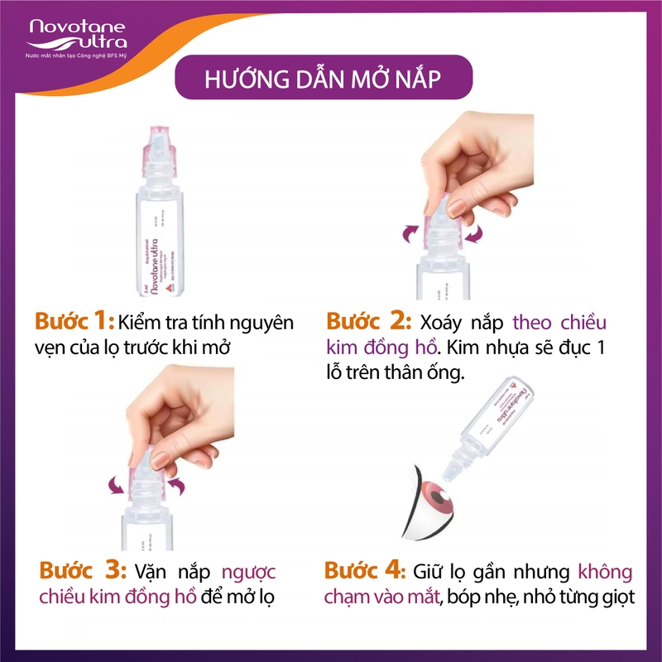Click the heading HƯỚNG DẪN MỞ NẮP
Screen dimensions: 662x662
pyautogui.click(x=323, y=82)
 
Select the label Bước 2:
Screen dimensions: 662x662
pyautogui.click(x=365, y=321)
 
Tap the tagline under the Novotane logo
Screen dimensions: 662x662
pyautogui.click(x=78, y=54)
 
